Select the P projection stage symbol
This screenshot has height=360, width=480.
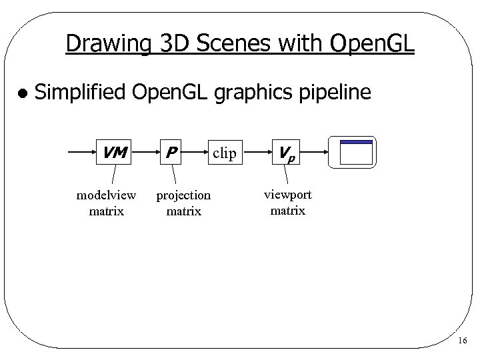[171, 153]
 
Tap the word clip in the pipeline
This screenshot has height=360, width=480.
[225, 153]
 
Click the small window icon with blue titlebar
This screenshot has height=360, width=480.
[356, 152]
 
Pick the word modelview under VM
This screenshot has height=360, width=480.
[107, 195]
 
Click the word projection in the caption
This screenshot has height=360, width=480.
[183, 195]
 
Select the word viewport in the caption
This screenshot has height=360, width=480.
[287, 194]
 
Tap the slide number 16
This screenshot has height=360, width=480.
[463, 341]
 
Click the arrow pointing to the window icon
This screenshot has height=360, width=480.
[317, 152]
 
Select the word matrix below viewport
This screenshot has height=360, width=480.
[287, 211]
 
